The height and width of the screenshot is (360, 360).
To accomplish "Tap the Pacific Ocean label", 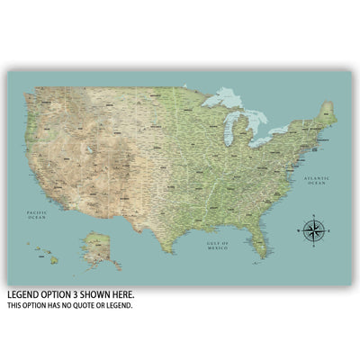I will click(x=36, y=214).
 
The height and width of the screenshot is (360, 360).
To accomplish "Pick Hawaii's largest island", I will click(x=54, y=260).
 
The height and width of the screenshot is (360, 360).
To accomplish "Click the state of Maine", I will click(x=329, y=112).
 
